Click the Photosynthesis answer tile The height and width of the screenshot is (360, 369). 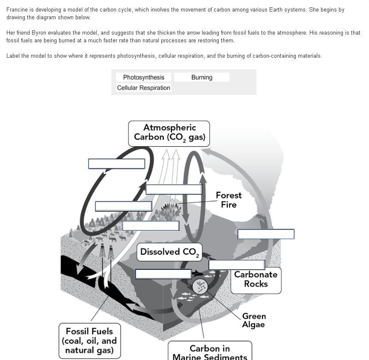tap(143, 77)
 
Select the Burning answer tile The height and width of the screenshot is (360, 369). tap(202, 77)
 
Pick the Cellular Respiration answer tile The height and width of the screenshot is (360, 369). tap(143, 88)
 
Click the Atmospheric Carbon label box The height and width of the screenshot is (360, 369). tap(169, 133)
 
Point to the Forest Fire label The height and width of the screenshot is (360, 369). tap(229, 200)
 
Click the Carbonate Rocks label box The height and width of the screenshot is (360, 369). tap(256, 279)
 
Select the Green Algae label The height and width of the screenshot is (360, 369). tap(254, 320)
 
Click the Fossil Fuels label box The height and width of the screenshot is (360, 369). tap(89, 341)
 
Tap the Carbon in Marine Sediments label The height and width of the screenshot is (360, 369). tap(210, 352)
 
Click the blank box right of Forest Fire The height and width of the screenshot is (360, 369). tap(266, 234)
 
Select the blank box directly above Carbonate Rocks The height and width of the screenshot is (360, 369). tap(237, 265)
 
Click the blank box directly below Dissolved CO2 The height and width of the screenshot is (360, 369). tap(163, 274)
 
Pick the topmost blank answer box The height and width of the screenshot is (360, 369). tap(116, 164)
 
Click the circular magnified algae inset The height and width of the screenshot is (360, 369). tap(200, 286)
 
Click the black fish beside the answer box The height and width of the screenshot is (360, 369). tap(197, 273)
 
